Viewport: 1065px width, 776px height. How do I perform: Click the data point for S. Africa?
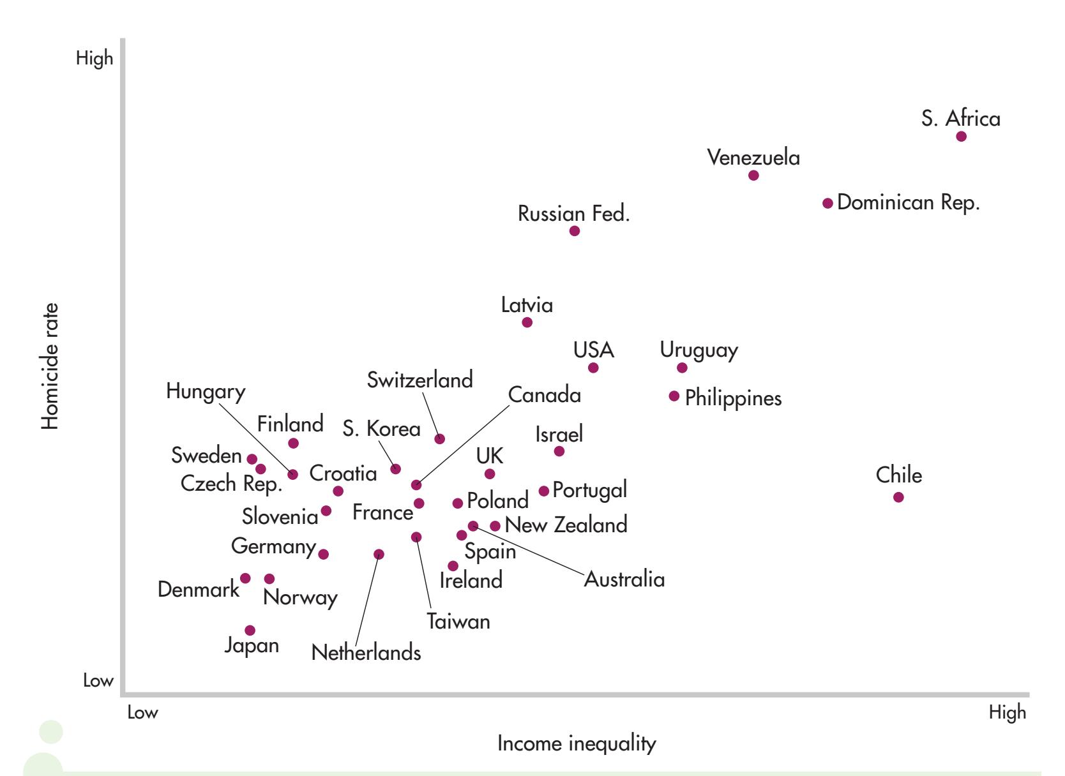point(961,137)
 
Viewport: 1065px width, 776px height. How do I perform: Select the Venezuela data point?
point(753,175)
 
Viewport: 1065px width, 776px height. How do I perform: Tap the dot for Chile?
point(898,497)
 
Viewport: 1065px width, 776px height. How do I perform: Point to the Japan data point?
point(250,630)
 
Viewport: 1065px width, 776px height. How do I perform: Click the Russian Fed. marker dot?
point(575,231)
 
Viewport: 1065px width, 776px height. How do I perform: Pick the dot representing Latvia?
point(527,322)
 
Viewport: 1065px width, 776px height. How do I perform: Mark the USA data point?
point(593,368)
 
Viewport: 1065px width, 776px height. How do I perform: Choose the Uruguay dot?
point(682,368)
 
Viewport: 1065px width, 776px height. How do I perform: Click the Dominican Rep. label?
point(908,203)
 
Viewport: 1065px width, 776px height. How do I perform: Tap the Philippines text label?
point(733,398)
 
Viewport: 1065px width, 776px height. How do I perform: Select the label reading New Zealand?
point(566,525)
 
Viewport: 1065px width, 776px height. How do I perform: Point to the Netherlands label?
point(366,653)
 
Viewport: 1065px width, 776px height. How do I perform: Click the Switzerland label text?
point(420,380)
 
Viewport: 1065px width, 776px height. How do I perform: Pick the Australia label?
point(624,579)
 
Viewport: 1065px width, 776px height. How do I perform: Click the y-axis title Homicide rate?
point(50,366)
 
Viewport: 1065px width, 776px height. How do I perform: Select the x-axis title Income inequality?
point(577,744)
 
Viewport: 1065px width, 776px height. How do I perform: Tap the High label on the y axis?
point(94,59)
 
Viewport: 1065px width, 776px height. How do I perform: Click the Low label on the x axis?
point(142,713)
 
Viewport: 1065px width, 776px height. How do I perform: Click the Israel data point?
point(559,451)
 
